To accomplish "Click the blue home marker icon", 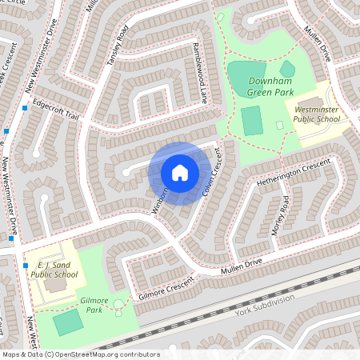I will (180, 172).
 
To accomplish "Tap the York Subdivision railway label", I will (265, 306).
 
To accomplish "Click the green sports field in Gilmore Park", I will (67, 322).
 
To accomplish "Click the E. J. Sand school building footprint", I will (55, 285).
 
